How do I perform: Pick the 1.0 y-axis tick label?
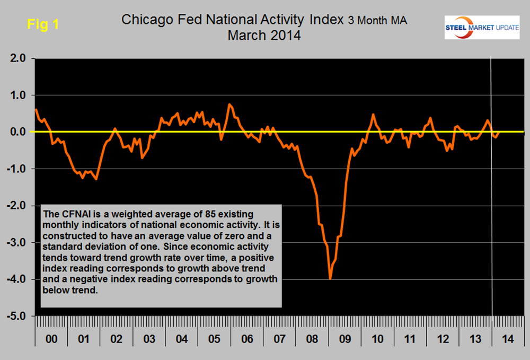[x=16, y=95]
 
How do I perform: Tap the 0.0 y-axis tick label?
[x=16, y=132]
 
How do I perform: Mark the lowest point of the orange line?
[x=330, y=279]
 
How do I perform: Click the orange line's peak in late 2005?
[x=229, y=104]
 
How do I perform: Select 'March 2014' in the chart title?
[x=264, y=37]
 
